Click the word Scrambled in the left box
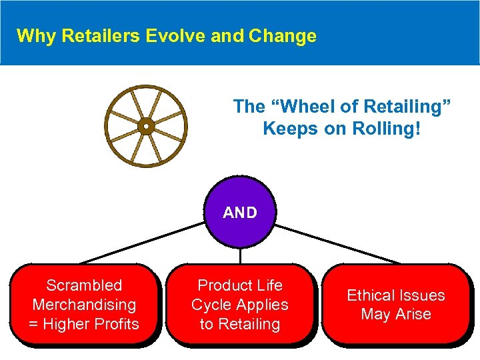click(84, 285)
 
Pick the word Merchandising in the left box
click(84, 305)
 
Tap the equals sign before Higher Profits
click(33, 324)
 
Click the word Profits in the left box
click(117, 324)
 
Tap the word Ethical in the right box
click(371, 295)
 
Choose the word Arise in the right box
click(414, 314)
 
